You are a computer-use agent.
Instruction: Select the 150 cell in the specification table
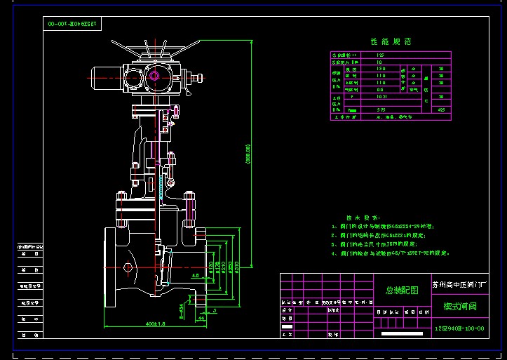(381, 69)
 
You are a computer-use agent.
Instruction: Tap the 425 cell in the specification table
(440, 109)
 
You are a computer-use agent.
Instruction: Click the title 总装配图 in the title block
(401, 290)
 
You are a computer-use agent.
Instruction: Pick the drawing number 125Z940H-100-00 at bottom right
(459, 328)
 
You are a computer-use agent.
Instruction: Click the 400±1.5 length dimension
(147, 325)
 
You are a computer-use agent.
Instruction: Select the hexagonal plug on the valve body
(128, 267)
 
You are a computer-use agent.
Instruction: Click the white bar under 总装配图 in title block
(401, 334)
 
